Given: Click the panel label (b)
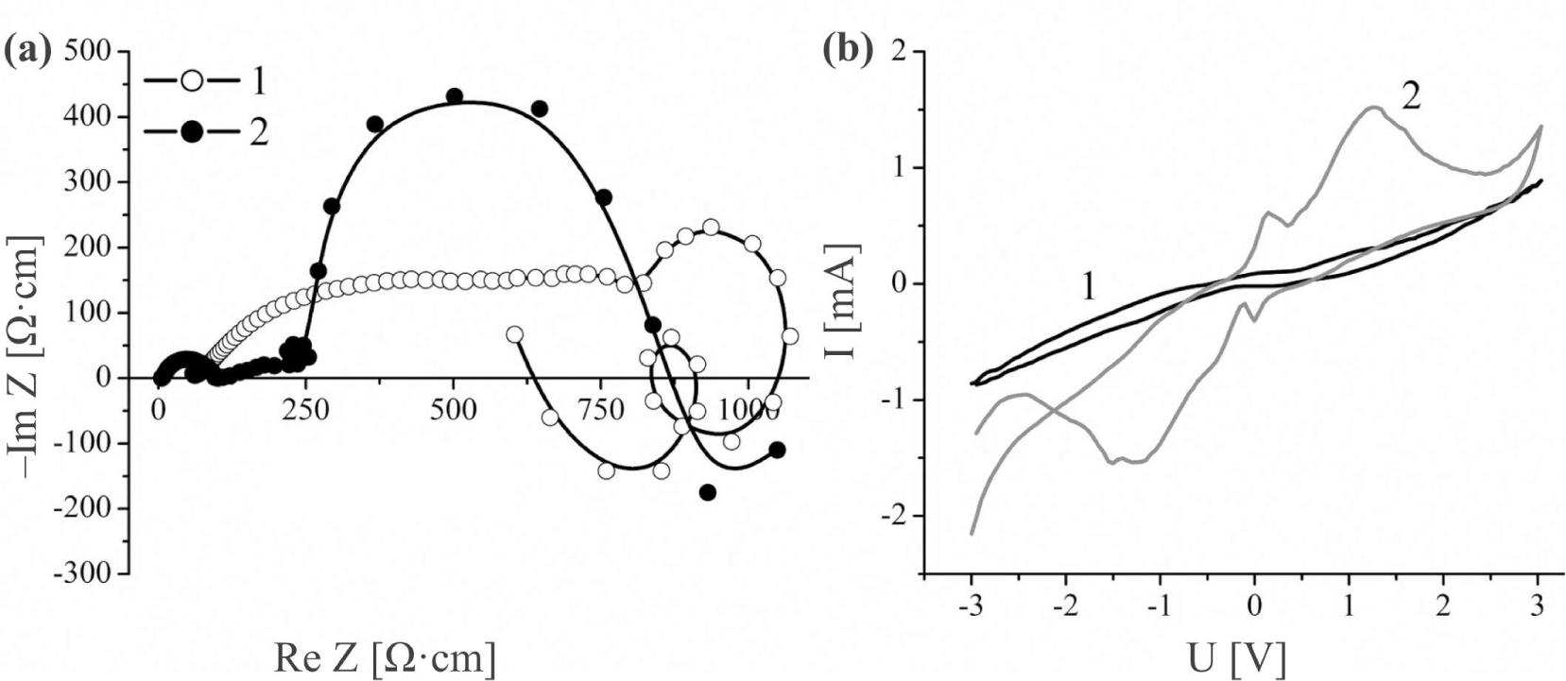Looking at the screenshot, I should pyautogui.click(x=843, y=50).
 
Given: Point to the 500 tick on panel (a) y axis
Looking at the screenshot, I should pyautogui.click(x=88, y=51).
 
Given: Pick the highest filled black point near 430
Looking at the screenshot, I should pyautogui.click(x=454, y=96).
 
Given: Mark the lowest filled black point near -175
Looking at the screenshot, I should pyautogui.click(x=707, y=492).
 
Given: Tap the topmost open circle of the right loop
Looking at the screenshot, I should pyautogui.click(x=711, y=227).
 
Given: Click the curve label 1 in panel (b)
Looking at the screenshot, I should pyautogui.click(x=1088, y=286).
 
